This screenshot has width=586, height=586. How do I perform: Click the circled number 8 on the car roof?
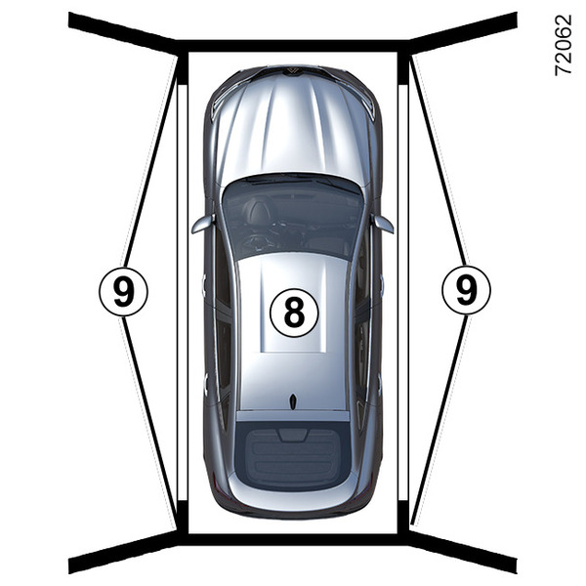[x=294, y=313]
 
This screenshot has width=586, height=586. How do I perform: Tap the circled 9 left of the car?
[x=123, y=292]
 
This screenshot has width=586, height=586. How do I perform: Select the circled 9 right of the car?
[x=466, y=290]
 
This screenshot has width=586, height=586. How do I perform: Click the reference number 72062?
[x=563, y=45]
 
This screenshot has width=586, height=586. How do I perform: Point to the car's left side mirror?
[x=203, y=224]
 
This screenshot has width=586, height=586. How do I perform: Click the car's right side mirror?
[x=382, y=224]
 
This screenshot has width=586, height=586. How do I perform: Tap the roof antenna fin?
[x=293, y=401]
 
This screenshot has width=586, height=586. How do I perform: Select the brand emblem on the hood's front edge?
[x=292, y=71]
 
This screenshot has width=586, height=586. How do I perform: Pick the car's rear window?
[x=293, y=459]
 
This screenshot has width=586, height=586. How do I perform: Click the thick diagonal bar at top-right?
[x=463, y=32]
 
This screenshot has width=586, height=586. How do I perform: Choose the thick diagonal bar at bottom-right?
[x=463, y=552]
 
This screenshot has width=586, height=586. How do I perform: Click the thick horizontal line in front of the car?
[x=293, y=46]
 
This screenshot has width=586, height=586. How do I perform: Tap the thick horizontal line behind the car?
[x=293, y=539]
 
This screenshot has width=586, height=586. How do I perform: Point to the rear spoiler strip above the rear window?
[x=293, y=416]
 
